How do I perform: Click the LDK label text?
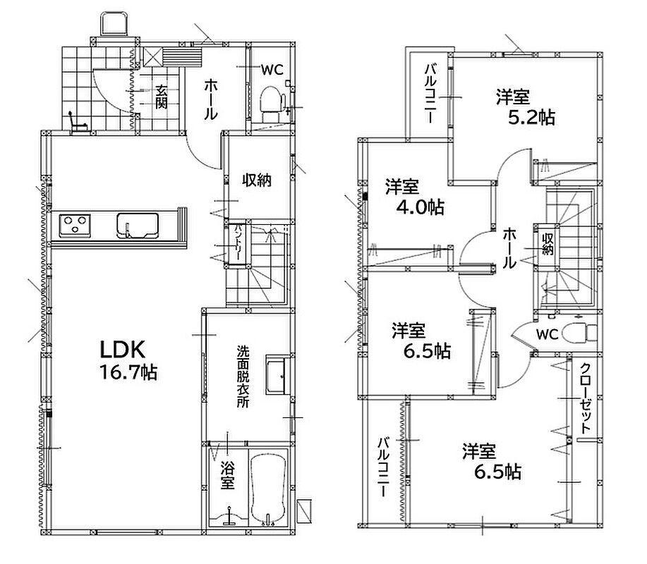tap(123, 349)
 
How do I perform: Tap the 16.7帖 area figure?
tap(128, 373)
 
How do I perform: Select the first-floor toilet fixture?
tap(272, 101)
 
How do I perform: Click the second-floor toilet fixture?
tap(580, 332)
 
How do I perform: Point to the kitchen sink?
tap(138, 225)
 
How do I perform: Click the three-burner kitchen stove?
tap(75, 225)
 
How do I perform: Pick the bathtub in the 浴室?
tap(269, 489)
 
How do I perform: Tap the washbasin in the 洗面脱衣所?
tap(275, 374)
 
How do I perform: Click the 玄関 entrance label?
tap(161, 97)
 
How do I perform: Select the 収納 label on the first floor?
tap(256, 180)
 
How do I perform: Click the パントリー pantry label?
tap(238, 242)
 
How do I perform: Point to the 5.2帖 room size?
tap(531, 118)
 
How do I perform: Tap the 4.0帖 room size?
tap(420, 207)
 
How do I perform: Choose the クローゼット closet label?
tap(585, 398)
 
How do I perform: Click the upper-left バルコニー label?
tap(430, 93)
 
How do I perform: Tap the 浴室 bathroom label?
tap(227, 475)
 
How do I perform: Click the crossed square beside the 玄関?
tap(152, 57)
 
